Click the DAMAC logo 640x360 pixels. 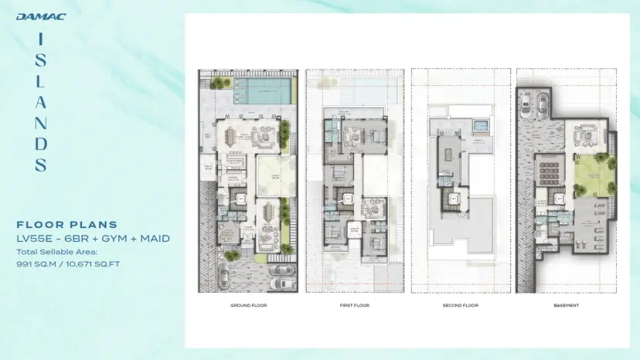click(x=40, y=16)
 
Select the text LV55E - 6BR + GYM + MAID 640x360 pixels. click(x=93, y=239)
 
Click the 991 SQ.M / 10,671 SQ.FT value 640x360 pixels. click(x=69, y=263)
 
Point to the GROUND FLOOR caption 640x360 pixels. click(x=247, y=305)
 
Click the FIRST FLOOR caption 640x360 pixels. click(x=353, y=305)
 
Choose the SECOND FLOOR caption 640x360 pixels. click(x=461, y=305)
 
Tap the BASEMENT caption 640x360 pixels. click(x=567, y=305)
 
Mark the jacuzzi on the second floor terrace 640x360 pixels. click(x=481, y=124)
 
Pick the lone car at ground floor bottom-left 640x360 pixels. click(x=223, y=276)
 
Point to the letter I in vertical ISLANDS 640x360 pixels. click(x=41, y=37)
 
